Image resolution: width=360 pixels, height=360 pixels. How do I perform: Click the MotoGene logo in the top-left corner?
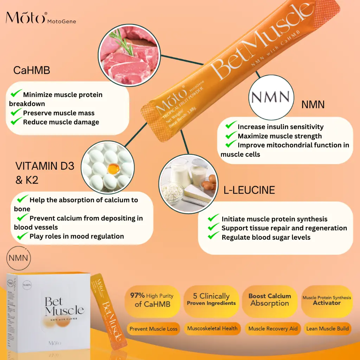coord(40,18)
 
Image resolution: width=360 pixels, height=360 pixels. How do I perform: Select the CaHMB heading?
coord(32,70)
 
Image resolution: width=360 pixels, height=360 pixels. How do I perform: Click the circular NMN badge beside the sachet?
coord(270,97)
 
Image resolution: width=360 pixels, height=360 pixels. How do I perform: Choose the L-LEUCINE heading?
coord(249,190)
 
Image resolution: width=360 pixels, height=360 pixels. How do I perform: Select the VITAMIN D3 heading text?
coord(45,166)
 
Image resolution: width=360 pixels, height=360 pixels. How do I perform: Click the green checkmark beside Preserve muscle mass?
coord(16,112)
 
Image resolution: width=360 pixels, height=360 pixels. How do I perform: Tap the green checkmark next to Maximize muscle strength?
coord(231,135)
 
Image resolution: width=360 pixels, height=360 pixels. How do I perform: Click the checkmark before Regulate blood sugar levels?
coord(214,237)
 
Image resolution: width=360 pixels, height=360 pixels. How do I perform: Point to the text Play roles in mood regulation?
coord(77,236)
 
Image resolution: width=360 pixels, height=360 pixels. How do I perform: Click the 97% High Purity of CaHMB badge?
coord(152,300)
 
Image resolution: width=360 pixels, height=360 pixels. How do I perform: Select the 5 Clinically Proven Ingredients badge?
coord(211,300)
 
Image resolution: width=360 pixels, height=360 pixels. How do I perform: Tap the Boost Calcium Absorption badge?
coord(270,300)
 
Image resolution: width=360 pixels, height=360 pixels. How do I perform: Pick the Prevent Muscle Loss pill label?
coord(153,329)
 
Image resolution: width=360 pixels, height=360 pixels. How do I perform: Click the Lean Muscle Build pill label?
coord(327,329)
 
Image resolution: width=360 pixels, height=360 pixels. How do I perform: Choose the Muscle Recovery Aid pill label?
coord(273,329)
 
